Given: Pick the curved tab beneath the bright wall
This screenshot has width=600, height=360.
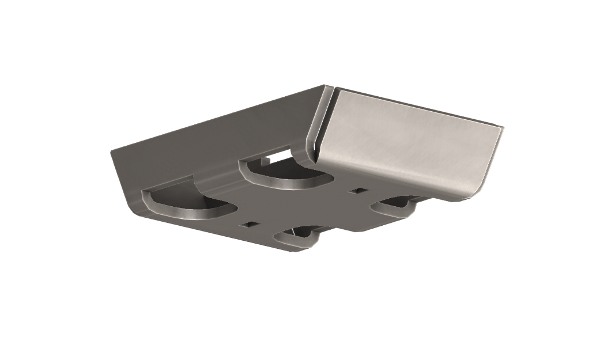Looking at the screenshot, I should click(x=395, y=206).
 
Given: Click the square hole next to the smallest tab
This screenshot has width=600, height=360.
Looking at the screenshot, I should click(x=250, y=224).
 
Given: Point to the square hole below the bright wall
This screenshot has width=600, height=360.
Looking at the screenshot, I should click(x=359, y=190).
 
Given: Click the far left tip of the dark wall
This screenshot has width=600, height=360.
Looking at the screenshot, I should click(x=112, y=151).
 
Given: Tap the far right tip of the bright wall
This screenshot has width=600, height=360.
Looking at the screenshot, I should click(x=502, y=128).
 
